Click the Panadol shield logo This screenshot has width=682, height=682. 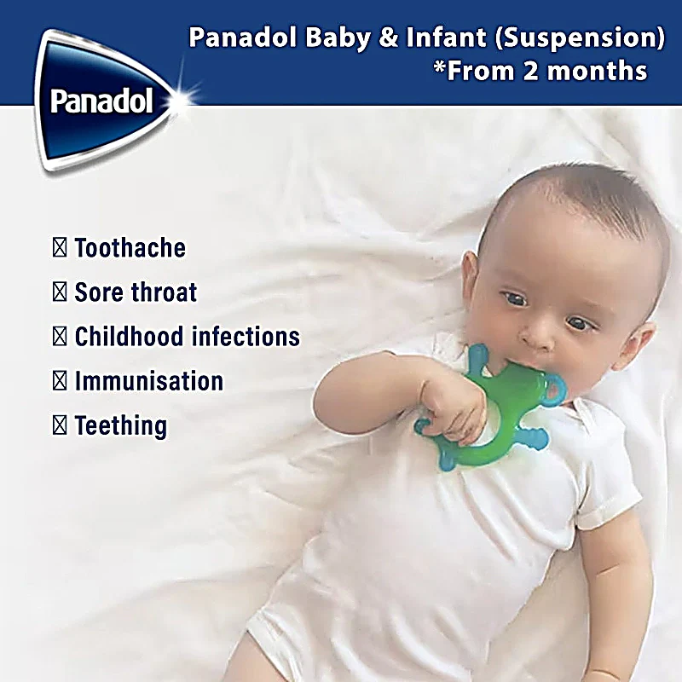pyautogui.click(x=104, y=100)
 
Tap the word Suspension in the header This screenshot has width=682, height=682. pyautogui.click(x=581, y=38)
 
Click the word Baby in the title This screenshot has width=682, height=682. pyautogui.click(x=338, y=38)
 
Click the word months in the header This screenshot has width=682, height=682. pyautogui.click(x=598, y=71)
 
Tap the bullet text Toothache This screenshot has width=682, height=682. pyautogui.click(x=130, y=247)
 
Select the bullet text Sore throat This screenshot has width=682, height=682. pyautogui.click(x=136, y=292)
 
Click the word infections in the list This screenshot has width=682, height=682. pyautogui.click(x=246, y=336)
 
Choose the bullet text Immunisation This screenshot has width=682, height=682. pyautogui.click(x=149, y=381)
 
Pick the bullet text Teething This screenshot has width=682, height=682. pyautogui.click(x=121, y=425)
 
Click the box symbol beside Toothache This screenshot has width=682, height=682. pyautogui.click(x=60, y=247)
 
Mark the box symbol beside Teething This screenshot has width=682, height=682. pyautogui.click(x=60, y=425)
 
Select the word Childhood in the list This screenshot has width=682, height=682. pyautogui.click(x=130, y=336)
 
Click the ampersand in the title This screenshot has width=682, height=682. pyautogui.click(x=389, y=38)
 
